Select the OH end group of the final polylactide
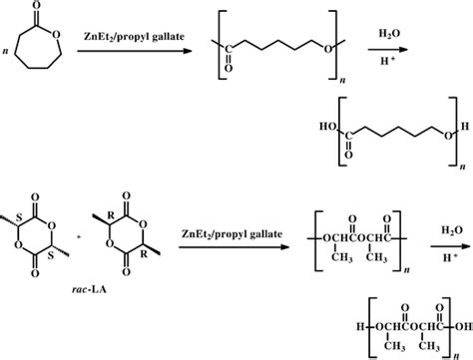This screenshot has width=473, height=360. pos(461,328)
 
